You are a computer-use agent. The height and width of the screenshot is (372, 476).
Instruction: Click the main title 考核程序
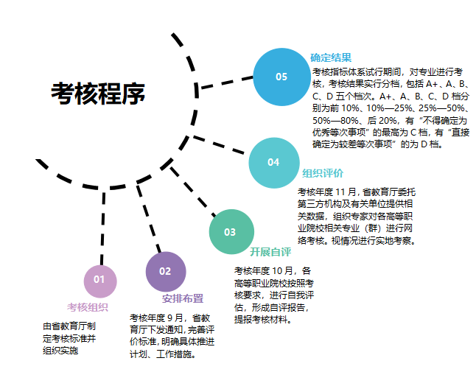(x=98, y=94)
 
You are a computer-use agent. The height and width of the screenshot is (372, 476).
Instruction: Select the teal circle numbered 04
(x=274, y=163)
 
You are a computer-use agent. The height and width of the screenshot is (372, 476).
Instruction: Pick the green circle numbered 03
(x=231, y=232)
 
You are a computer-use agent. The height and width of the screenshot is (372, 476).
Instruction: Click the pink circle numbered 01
(x=99, y=279)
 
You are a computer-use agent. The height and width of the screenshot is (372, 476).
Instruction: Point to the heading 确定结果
(x=331, y=57)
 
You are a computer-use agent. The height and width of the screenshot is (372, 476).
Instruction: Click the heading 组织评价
(x=323, y=174)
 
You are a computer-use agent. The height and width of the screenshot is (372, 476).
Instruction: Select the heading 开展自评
(x=270, y=252)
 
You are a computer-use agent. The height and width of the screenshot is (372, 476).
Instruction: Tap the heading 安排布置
(x=183, y=299)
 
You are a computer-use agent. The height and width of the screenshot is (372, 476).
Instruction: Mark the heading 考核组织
(x=88, y=307)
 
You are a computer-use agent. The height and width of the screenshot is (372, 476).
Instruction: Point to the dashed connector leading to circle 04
(x=219, y=144)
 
